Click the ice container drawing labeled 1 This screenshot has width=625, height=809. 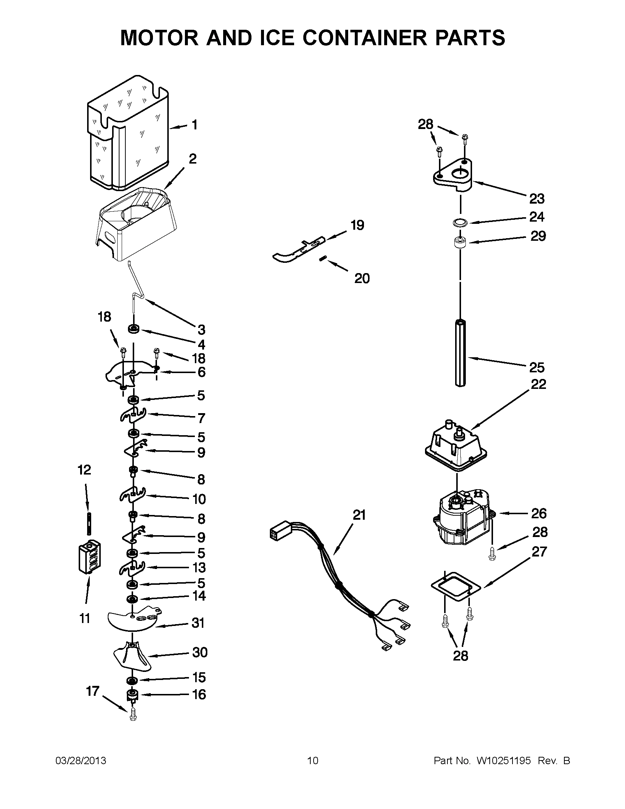pos(128,133)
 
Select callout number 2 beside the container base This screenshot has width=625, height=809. pos(193,159)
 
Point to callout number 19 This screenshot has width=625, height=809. pos(357,225)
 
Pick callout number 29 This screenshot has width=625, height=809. pos(538,236)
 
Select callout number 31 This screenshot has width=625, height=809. pos(198,623)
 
